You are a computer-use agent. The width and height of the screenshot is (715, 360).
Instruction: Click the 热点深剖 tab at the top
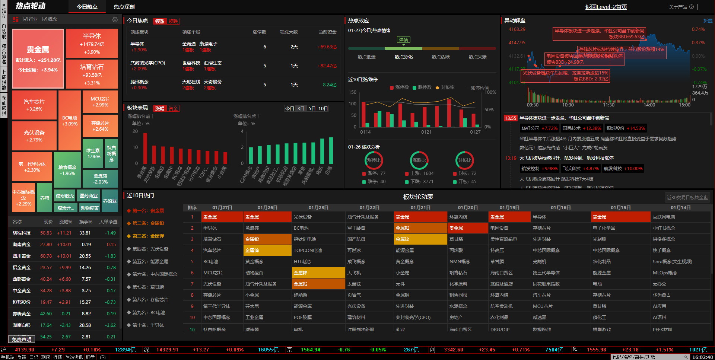click(x=124, y=7)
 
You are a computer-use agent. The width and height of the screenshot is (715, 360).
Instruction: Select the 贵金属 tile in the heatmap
click(x=38, y=58)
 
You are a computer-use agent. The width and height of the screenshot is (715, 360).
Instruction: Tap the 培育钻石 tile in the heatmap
click(x=92, y=74)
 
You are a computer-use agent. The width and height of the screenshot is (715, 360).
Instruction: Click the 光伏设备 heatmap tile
click(x=34, y=136)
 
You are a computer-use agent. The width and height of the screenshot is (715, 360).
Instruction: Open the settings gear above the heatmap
click(x=115, y=19)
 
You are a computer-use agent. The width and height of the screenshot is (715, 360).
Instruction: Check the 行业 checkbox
click(x=25, y=19)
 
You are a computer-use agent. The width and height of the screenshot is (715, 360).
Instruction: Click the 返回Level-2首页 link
click(x=606, y=7)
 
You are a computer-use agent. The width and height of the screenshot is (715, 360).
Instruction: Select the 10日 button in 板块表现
click(x=323, y=108)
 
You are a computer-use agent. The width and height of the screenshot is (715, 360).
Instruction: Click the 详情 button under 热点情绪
click(x=403, y=40)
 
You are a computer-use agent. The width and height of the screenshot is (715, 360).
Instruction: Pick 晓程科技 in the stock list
click(x=22, y=233)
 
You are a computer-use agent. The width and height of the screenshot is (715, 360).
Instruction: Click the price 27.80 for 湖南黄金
click(x=46, y=245)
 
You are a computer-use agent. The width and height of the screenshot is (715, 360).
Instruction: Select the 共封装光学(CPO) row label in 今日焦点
click(x=148, y=63)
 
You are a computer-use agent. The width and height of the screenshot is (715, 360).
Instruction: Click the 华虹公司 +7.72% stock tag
click(x=539, y=128)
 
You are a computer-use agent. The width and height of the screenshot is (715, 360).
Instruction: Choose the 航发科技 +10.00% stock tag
click(x=623, y=169)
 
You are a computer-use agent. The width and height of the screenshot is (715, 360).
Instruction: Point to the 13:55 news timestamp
click(x=510, y=118)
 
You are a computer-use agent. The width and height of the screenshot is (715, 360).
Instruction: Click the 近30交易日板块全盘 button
click(x=687, y=197)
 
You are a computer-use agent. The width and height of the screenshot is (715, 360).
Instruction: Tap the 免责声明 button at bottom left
click(x=21, y=339)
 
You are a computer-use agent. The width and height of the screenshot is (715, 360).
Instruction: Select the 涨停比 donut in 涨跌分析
click(x=374, y=160)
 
